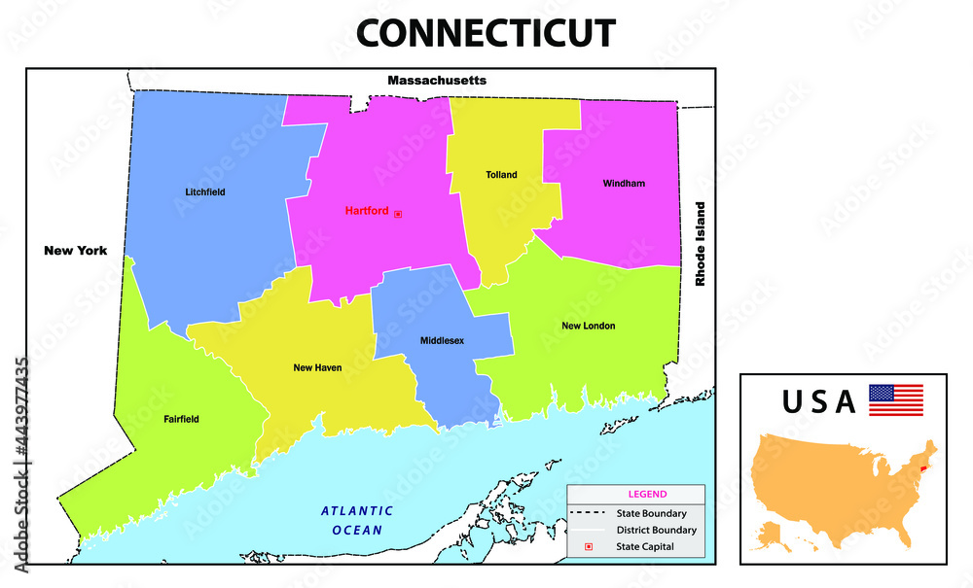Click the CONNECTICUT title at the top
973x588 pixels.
click(486, 33)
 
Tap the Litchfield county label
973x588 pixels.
click(205, 192)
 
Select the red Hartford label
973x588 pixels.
click(367, 211)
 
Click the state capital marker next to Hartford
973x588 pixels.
click(398, 213)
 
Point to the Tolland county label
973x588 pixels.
click(501, 175)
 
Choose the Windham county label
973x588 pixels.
click(624, 183)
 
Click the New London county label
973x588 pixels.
click(588, 326)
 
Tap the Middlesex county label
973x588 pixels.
click(442, 341)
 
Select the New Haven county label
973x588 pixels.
click(317, 368)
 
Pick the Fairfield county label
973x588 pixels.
click(181, 420)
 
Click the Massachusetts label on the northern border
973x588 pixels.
click(437, 81)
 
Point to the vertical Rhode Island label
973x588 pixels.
click(699, 244)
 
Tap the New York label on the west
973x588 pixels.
click(75, 251)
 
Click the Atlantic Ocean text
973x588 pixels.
click(357, 520)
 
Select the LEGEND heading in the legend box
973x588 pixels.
click(647, 494)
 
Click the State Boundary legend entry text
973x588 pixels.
click(651, 513)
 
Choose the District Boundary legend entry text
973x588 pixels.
click(656, 531)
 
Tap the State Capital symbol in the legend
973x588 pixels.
click(588, 548)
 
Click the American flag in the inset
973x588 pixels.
click(895, 399)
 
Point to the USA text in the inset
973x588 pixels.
click(819, 400)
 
